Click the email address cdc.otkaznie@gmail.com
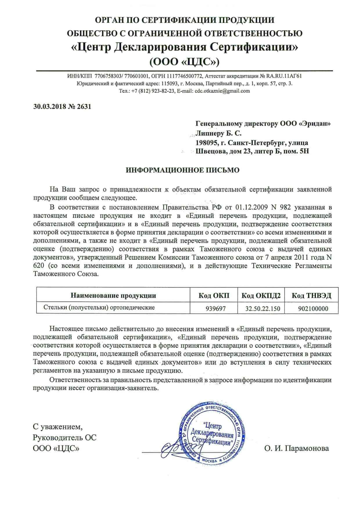coord(222,91)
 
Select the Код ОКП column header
coord(214,296)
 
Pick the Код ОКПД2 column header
coord(261,296)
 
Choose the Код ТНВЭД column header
coord(311,296)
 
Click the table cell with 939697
coord(215,308)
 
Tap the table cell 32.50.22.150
coord(263,308)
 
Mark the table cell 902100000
coord(313,308)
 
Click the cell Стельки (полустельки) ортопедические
coord(99,307)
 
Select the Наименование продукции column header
coord(113,296)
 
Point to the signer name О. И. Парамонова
coord(296,448)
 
